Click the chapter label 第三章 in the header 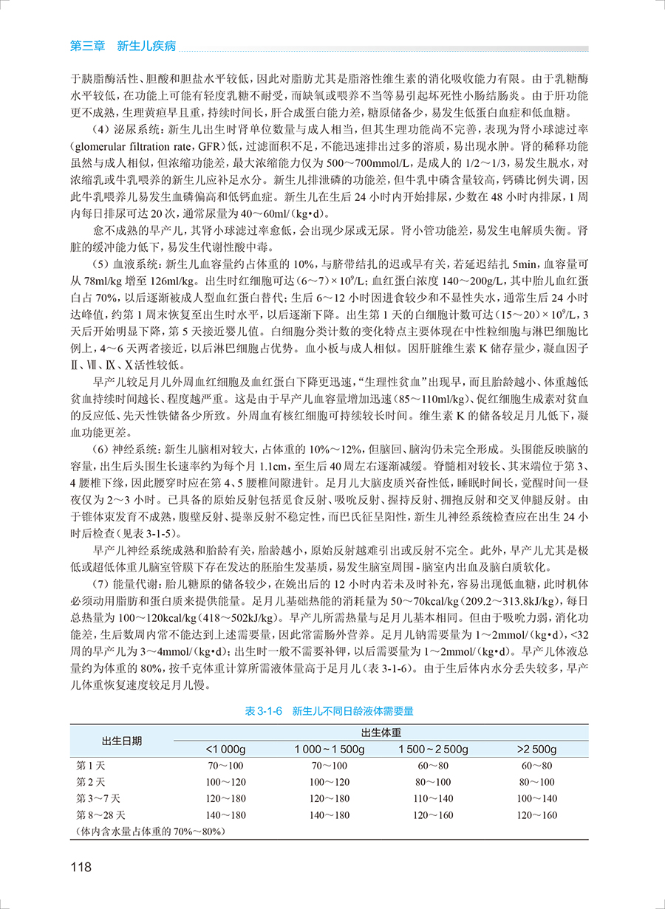[86, 47]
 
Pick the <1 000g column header [226, 750]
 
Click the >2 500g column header [537, 750]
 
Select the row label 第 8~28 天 [101, 815]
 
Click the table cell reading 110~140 [433, 798]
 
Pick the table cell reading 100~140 [537, 798]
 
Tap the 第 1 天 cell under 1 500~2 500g [433, 766]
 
